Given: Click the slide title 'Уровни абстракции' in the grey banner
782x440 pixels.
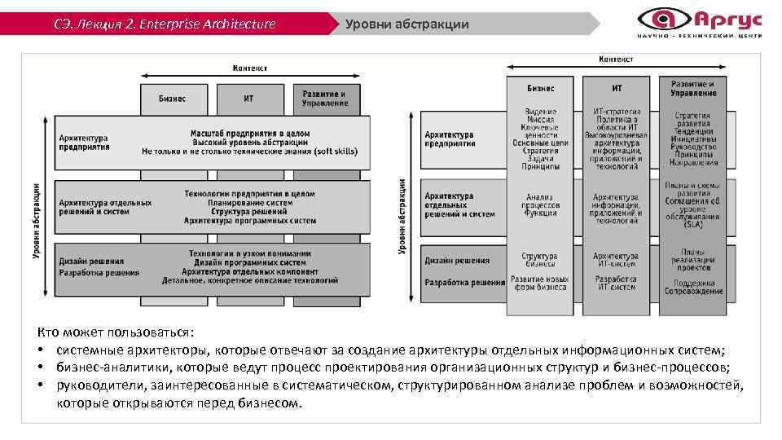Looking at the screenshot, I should pyautogui.click(x=406, y=24).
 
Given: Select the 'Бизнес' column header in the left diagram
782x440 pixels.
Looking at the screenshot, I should pyautogui.click(x=171, y=99).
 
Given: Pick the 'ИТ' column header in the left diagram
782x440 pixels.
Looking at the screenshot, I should pyautogui.click(x=248, y=99).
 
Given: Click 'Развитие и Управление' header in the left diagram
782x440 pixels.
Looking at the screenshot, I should pyautogui.click(x=324, y=99).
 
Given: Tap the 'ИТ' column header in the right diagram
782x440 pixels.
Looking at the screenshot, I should pyautogui.click(x=617, y=88).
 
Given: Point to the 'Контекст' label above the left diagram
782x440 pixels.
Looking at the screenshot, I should pyautogui.click(x=250, y=68).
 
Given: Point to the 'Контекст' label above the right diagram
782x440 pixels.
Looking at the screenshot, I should pyautogui.click(x=617, y=59).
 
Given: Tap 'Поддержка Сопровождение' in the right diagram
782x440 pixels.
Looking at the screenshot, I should pyautogui.click(x=692, y=286).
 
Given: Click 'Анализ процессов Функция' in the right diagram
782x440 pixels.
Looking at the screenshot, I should pyautogui.click(x=540, y=205).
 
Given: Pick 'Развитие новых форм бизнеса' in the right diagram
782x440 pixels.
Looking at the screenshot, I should pyautogui.click(x=540, y=283).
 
